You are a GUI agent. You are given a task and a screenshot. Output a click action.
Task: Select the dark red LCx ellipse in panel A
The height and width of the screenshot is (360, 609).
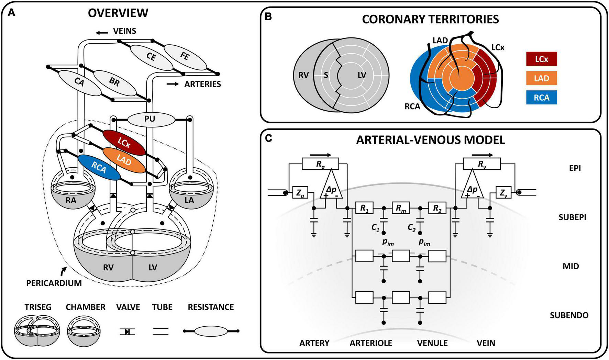(x=124, y=143)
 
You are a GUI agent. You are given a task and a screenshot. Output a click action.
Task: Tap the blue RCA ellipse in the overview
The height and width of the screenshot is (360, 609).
(x=99, y=167)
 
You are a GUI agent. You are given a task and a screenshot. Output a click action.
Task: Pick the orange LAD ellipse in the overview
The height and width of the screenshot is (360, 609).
(x=124, y=160)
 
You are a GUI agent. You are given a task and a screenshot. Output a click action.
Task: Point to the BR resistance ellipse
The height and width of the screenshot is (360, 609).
(x=114, y=83)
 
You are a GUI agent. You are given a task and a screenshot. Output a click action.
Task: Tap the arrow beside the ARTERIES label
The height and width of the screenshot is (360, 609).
(x=173, y=84)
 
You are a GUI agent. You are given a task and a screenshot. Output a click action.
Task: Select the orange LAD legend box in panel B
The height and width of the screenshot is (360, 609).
(x=541, y=78)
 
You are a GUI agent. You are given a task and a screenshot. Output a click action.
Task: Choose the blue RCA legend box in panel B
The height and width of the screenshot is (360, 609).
(x=541, y=98)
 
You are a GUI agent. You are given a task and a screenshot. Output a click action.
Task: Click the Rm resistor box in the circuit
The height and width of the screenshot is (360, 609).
(x=401, y=208)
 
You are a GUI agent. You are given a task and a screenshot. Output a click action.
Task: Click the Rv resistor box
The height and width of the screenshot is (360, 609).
(x=482, y=164)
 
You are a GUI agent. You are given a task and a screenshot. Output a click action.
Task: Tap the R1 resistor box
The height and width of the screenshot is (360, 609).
(x=364, y=208)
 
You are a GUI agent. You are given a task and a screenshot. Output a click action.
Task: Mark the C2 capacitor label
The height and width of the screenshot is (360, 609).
(x=411, y=227)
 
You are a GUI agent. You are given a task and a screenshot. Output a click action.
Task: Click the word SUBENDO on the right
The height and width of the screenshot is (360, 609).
(x=569, y=315)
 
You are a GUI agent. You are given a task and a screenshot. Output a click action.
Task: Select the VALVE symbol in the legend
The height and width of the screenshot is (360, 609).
(x=128, y=331)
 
